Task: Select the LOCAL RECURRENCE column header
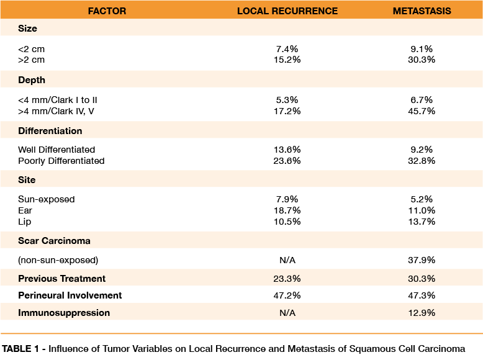coord(287,11)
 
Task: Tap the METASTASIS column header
coord(422,11)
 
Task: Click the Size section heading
coord(27,29)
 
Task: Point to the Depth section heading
coord(32,80)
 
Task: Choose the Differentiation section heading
coord(50,131)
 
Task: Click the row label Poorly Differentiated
coord(61,161)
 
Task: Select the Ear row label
coord(25,211)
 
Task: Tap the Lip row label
coord(25,221)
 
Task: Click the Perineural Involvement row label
coord(70,295)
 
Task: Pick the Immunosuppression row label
coord(64,313)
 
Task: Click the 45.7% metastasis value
coord(422,110)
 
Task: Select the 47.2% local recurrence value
coord(287,295)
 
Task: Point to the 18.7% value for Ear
coord(287,211)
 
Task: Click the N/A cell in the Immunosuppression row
coord(287,313)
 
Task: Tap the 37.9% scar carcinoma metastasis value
coord(422,260)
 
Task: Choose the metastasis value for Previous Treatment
coord(422,279)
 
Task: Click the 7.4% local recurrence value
coord(287,48)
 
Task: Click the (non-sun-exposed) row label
coord(58,260)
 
